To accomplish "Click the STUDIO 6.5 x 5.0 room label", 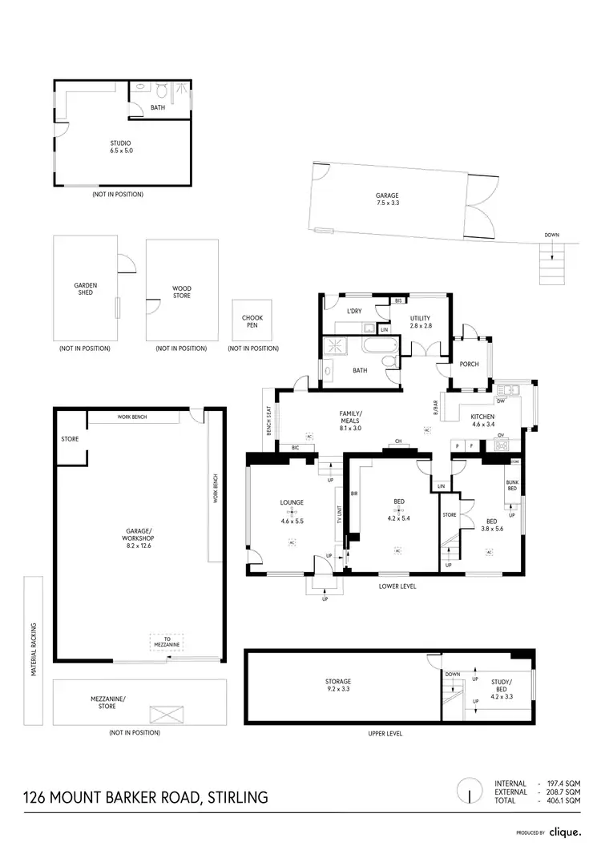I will tap(120, 147).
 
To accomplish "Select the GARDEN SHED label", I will tap(86, 288).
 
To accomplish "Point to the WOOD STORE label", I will tap(182, 292).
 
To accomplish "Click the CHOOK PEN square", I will tap(252, 322).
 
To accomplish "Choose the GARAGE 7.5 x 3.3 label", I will tap(387, 199).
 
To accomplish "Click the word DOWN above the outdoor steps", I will tap(551, 235).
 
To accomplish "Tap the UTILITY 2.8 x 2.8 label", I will tap(422, 323).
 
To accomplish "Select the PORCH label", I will tap(469, 364).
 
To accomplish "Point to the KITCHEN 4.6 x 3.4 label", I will tap(482, 421).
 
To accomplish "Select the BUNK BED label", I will tap(511, 486).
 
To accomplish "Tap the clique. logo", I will tap(567, 832).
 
